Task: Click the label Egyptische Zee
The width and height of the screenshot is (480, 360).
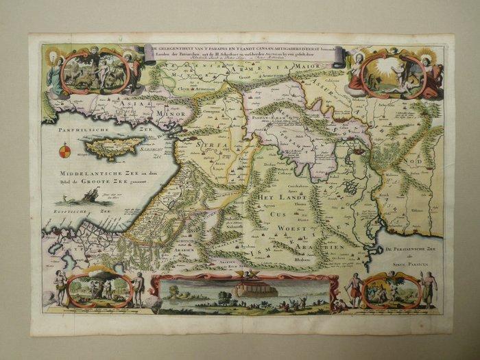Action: (x=66, y=214)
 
